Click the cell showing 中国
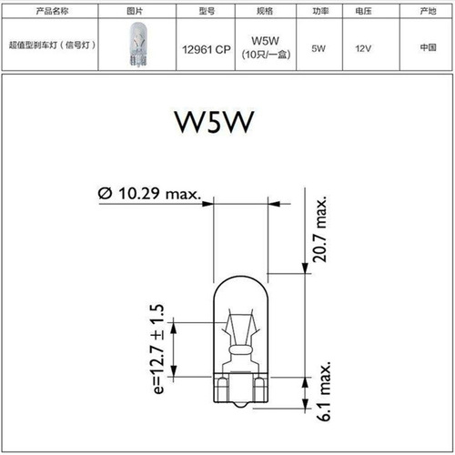click(428, 47)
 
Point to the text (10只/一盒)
click(264, 56)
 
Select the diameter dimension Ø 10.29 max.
click(150, 193)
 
